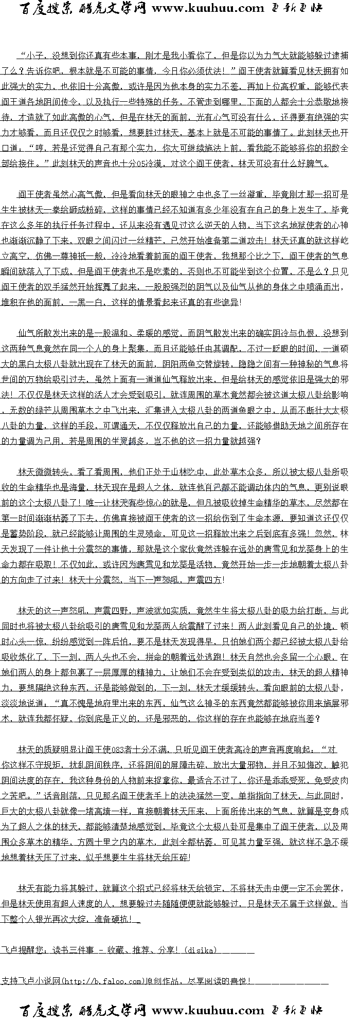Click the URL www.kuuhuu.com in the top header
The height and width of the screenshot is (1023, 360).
point(208,8)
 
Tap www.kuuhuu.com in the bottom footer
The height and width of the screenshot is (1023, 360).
point(208,1011)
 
